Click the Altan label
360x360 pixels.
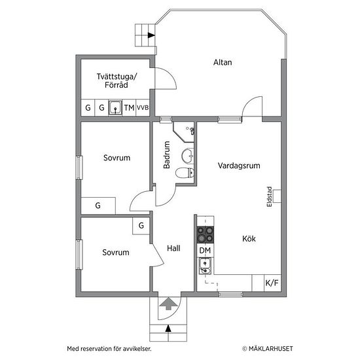click(223, 62)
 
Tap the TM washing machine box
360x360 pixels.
click(129, 107)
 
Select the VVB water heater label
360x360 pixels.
click(143, 107)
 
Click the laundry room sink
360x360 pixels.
click(115, 107)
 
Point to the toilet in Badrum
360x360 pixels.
click(185, 173)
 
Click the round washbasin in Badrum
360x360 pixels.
click(188, 156)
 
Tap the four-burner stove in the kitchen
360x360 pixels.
click(206, 235)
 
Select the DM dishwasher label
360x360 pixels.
click(205, 251)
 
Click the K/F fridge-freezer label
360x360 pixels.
click(272, 283)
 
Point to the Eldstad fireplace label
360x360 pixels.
click(269, 196)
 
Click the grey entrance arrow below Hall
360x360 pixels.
click(168, 304)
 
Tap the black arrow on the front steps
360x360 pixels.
click(168, 329)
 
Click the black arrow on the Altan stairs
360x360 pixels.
click(151, 35)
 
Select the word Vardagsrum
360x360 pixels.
click(239, 166)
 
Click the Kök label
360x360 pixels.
click(249, 239)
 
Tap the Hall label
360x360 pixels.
click(173, 248)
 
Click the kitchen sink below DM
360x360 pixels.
click(205, 266)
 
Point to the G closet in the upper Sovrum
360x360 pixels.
click(98, 206)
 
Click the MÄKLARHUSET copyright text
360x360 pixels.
click(268, 348)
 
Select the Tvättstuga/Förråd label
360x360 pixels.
click(117, 81)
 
